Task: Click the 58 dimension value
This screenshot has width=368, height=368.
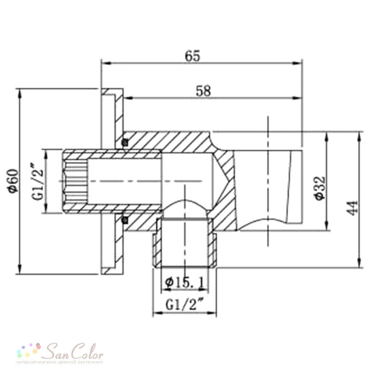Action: click(203, 91)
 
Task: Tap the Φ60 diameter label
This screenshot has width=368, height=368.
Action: click(13, 181)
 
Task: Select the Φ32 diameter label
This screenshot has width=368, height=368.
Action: click(320, 188)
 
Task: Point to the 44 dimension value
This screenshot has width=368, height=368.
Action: click(353, 208)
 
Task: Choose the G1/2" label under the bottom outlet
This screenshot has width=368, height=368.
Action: click(185, 305)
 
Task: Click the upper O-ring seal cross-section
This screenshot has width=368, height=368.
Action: click(125, 142)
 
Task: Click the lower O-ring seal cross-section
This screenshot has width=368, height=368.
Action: click(125, 220)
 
